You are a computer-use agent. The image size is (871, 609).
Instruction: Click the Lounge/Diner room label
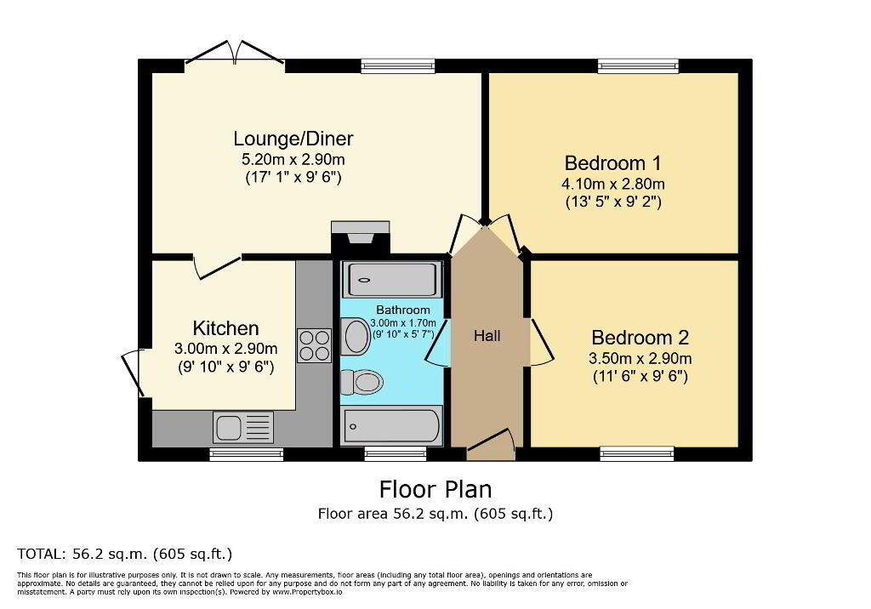293,139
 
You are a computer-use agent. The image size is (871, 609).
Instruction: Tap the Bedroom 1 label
612,163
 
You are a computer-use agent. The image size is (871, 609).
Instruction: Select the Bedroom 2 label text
640,338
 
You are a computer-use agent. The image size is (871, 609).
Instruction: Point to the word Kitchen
225,328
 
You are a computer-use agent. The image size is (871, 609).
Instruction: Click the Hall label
487,336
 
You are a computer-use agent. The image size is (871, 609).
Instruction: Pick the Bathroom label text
403,310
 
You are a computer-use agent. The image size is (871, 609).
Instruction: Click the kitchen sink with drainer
242,428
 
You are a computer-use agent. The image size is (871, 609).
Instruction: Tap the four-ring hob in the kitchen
314,345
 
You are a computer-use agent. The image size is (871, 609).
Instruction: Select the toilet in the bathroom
361,382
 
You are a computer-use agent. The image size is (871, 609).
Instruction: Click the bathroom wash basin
356,336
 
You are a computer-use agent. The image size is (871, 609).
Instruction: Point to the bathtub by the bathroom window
392,426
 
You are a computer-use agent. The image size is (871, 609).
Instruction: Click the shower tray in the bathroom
392,280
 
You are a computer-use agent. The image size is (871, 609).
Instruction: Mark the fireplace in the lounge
360,238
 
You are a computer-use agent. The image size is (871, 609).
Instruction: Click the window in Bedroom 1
638,66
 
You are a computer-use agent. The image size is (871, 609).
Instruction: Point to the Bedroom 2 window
636,454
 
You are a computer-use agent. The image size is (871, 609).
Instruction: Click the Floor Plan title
435,490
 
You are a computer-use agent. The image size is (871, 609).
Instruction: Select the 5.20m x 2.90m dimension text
293,159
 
